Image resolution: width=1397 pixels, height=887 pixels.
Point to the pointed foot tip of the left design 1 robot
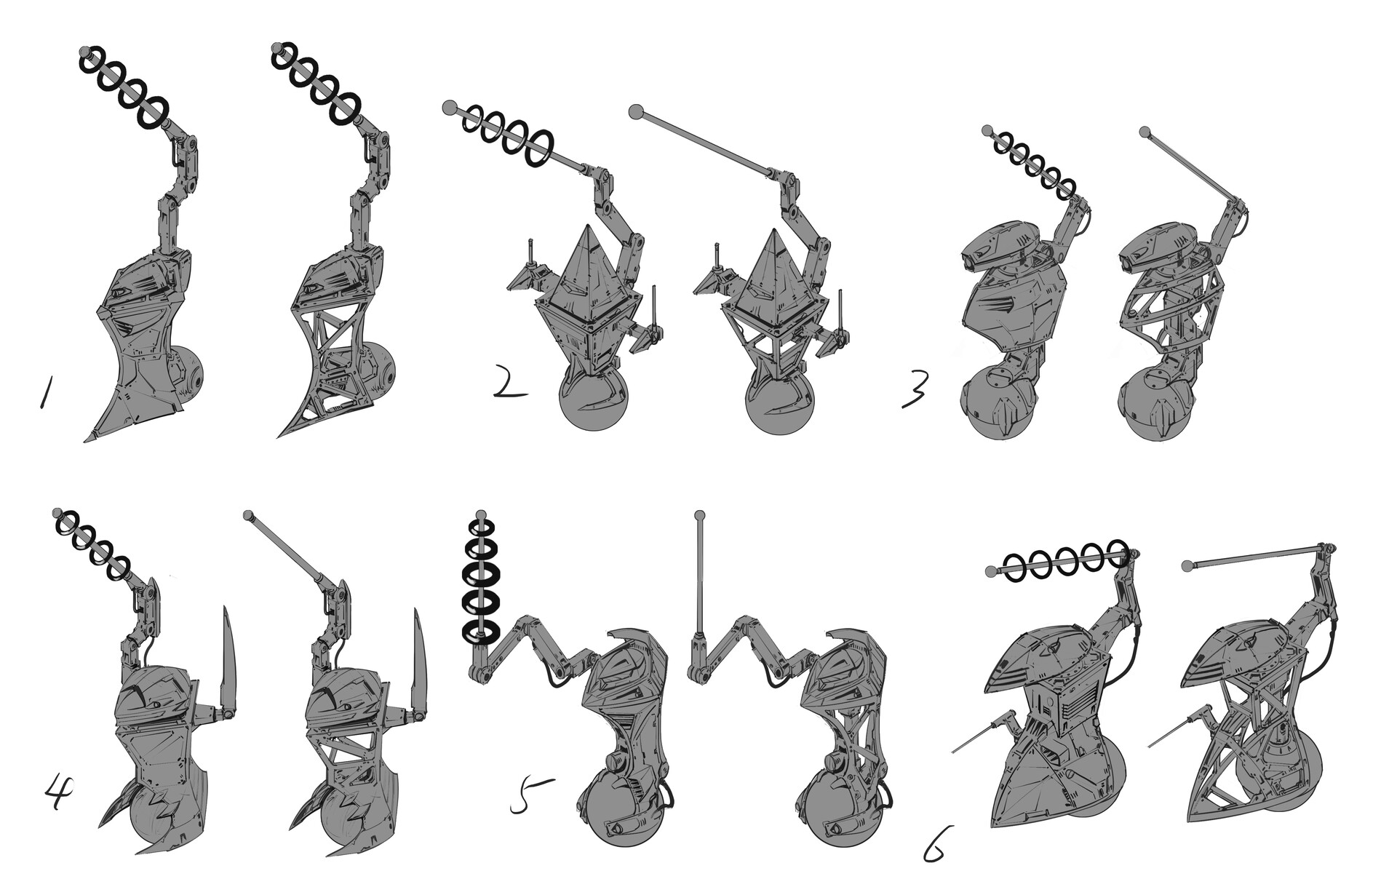(89, 438)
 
